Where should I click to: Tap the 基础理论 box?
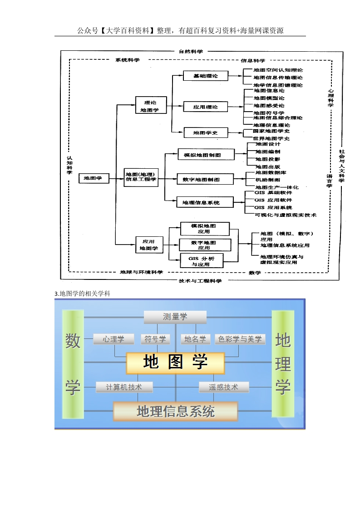pyautogui.click(x=206, y=76)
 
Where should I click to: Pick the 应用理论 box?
pyautogui.click(x=206, y=107)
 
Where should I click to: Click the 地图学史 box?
pyautogui.click(x=206, y=133)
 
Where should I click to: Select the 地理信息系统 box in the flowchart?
pyautogui.click(x=200, y=202)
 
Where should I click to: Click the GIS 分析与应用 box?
pyautogui.click(x=200, y=261)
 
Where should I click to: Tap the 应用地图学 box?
pyautogui.click(x=148, y=245)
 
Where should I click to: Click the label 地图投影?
pyautogui.click(x=268, y=159)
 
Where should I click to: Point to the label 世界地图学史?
pyautogui.click(x=271, y=138)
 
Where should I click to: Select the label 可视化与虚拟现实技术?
pyautogui.click(x=286, y=215)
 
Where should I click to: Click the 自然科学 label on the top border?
pyautogui.click(x=191, y=51)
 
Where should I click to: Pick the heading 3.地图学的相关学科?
pyautogui.click(x=83, y=294)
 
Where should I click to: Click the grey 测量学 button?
pyautogui.click(x=175, y=317)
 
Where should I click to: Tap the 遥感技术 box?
pyautogui.click(x=224, y=387)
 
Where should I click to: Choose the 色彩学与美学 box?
pyautogui.click(x=240, y=339)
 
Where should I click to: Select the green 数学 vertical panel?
pyautogui.click(x=73, y=364)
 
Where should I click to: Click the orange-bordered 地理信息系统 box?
pyautogui.click(x=175, y=411)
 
